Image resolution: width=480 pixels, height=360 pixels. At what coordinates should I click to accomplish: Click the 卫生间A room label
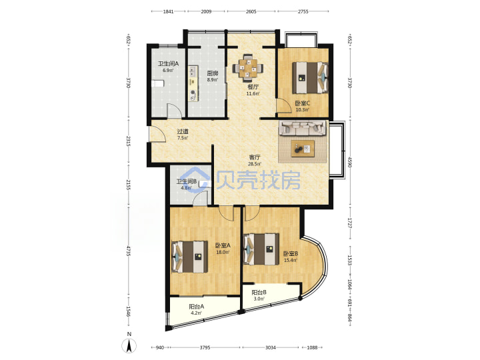(x=168, y=64)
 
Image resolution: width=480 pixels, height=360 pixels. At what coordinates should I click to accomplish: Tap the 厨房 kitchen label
(x=213, y=73)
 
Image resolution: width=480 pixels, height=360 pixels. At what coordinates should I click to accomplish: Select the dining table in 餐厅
(x=248, y=67)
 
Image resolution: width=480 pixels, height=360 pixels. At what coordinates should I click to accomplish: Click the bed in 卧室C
(x=310, y=77)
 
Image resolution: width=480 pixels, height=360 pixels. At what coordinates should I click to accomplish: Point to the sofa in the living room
(x=303, y=127)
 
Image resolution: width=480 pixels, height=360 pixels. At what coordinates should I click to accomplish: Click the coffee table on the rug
(x=303, y=149)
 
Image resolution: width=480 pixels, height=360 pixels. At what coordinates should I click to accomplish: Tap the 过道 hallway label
(x=183, y=131)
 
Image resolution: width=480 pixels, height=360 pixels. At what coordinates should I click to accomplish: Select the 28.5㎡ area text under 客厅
(x=255, y=164)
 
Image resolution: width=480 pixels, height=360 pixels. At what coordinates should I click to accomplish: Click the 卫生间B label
(x=187, y=181)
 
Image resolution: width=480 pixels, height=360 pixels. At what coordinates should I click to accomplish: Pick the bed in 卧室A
(x=189, y=257)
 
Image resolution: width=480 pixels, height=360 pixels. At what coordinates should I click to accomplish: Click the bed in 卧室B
(x=261, y=249)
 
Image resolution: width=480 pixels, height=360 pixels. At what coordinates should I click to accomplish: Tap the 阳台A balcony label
(x=196, y=307)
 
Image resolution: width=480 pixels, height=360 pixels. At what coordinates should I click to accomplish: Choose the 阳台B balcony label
(x=259, y=293)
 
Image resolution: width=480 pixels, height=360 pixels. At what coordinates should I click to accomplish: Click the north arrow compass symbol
(x=129, y=346)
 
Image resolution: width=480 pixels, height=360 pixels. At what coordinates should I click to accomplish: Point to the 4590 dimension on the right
(x=350, y=162)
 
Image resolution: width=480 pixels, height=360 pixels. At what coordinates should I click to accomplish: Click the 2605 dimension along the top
(x=251, y=11)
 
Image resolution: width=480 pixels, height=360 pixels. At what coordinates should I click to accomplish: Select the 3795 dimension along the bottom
(x=205, y=347)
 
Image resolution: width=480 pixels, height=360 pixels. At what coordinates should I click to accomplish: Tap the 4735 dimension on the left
(x=129, y=251)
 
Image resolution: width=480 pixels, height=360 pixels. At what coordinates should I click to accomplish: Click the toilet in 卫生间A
(x=157, y=83)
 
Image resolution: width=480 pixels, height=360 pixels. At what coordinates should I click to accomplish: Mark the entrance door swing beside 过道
(x=157, y=134)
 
